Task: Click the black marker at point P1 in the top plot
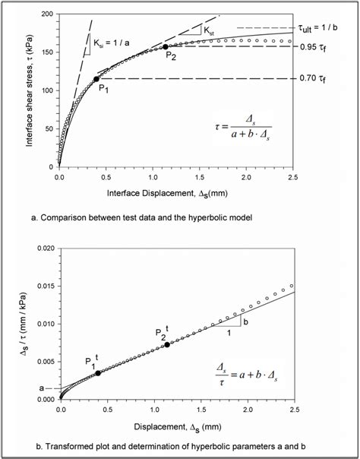(96, 78)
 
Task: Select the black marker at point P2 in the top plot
(166, 47)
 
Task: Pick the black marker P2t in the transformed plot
(167, 344)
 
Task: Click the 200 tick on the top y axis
(48, 14)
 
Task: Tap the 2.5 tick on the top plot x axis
(292, 176)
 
